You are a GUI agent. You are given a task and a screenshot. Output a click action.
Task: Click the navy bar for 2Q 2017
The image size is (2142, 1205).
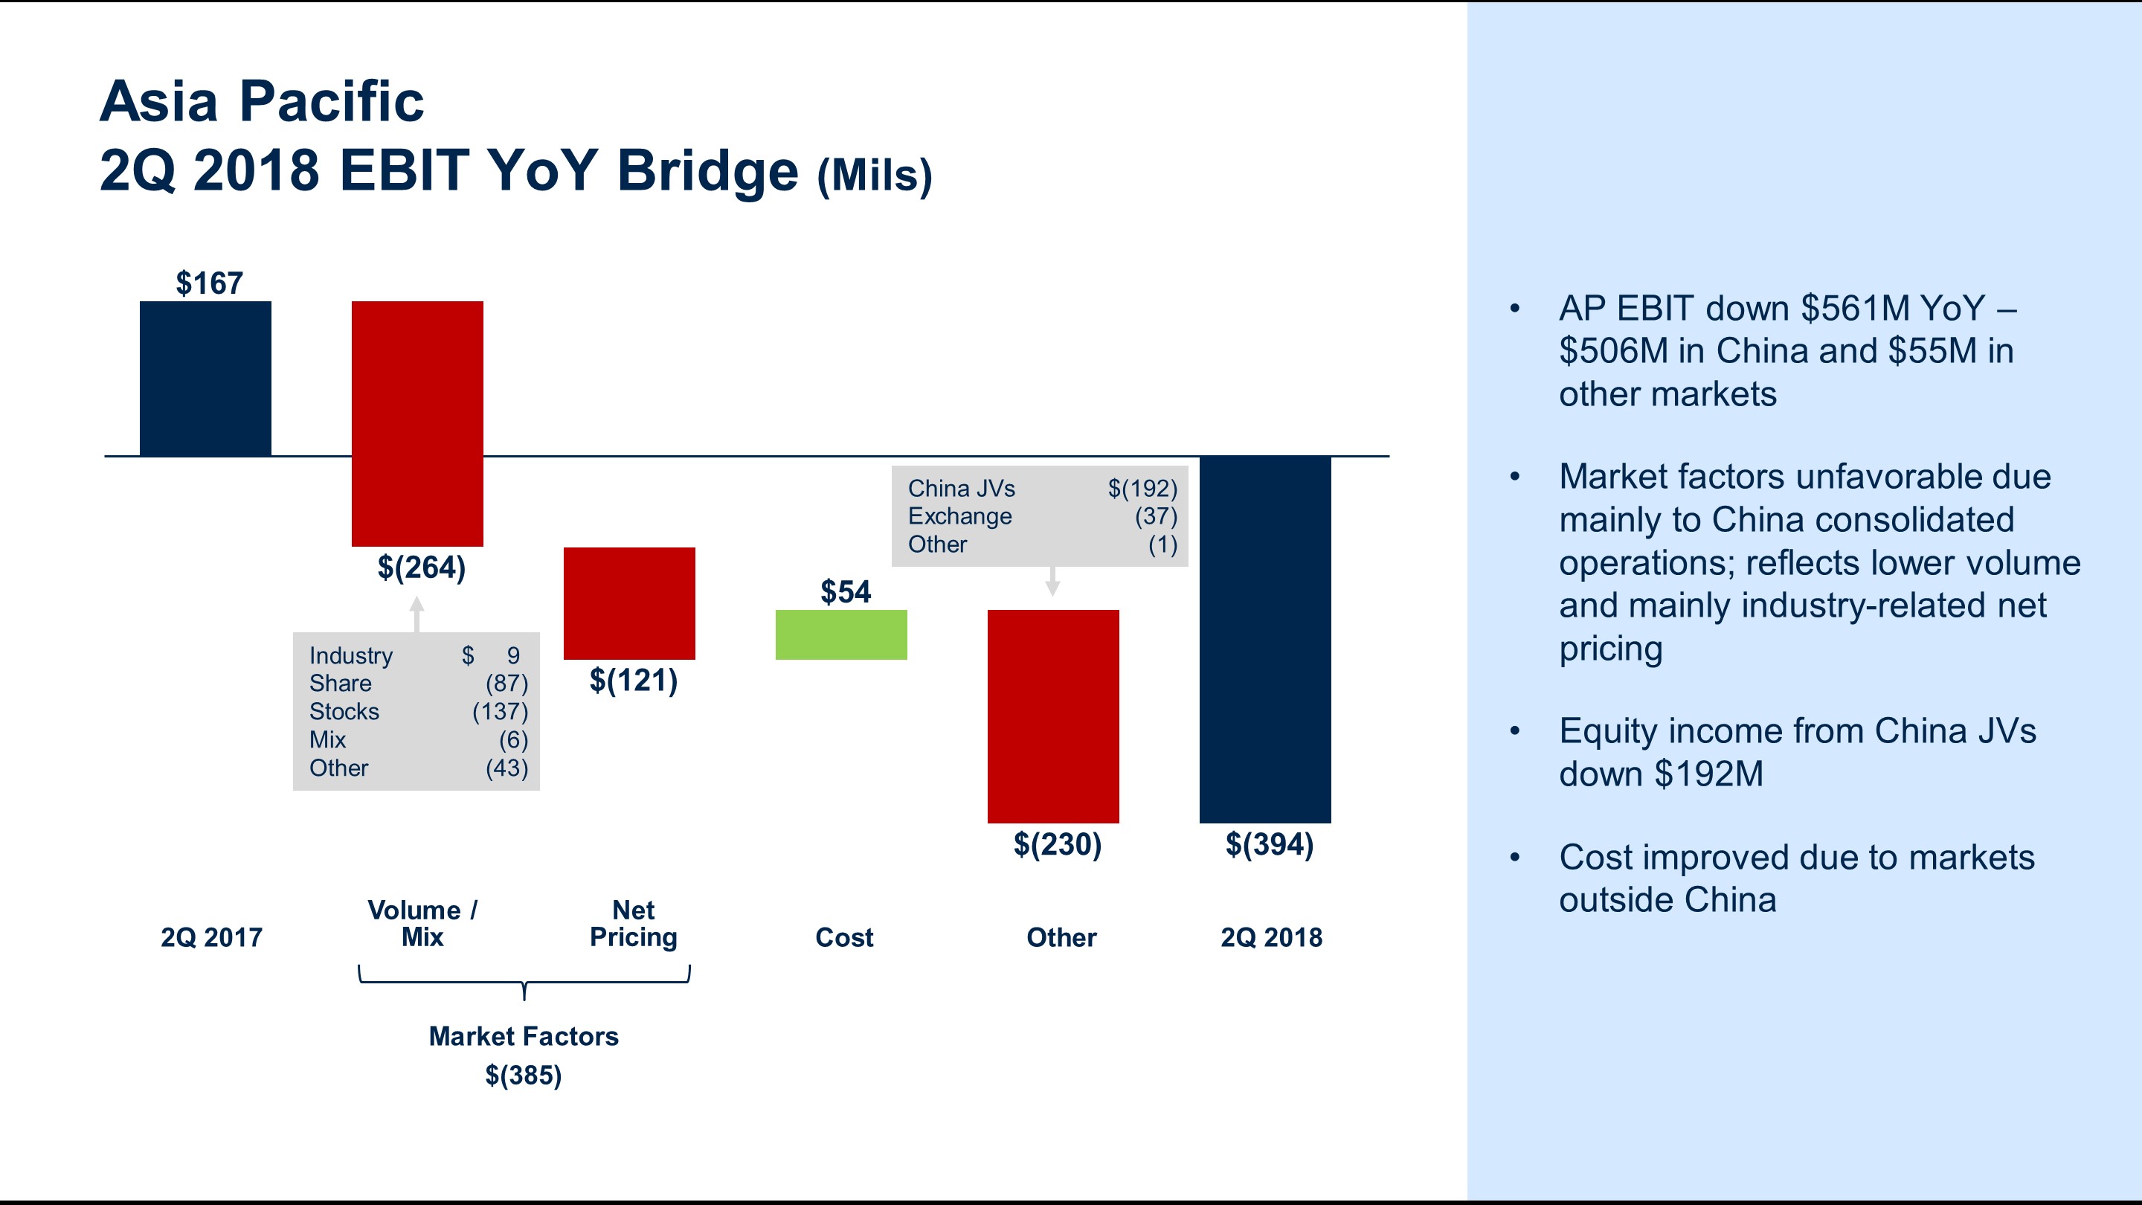click(205, 379)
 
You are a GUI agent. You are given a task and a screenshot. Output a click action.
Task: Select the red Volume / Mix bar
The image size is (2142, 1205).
click(417, 423)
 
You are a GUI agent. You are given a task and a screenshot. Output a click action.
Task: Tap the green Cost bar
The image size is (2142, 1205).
click(840, 634)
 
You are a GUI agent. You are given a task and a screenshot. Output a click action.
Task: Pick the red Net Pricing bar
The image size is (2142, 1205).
click(629, 603)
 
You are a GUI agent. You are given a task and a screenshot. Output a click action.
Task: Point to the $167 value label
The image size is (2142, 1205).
click(209, 283)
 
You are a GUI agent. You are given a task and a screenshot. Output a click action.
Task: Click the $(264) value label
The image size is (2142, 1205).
click(422, 568)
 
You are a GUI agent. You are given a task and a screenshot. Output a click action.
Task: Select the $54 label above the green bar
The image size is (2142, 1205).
click(845, 592)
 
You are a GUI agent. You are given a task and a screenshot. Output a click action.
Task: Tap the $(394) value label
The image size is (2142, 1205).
click(1269, 845)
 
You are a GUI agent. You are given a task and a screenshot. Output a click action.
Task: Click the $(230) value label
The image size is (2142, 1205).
click(1057, 845)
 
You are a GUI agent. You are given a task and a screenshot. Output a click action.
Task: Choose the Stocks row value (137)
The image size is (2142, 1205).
click(500, 712)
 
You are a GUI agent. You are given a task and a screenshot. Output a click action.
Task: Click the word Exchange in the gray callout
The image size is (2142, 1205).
click(959, 516)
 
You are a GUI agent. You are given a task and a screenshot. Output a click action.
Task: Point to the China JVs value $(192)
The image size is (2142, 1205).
click(1142, 488)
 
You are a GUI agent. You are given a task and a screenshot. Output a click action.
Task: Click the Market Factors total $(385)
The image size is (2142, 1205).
click(523, 1076)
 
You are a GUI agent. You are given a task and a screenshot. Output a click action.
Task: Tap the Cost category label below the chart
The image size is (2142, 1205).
click(844, 937)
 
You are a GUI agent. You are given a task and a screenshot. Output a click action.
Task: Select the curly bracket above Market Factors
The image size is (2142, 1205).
click(524, 982)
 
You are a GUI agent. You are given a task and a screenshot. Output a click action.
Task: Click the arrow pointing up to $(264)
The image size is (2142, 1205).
click(417, 614)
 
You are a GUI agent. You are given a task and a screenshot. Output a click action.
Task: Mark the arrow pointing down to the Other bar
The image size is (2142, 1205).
click(1052, 581)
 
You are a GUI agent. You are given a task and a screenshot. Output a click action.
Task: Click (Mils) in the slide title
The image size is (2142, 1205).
click(874, 176)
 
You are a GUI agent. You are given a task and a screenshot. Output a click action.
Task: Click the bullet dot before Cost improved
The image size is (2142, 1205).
click(1515, 858)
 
